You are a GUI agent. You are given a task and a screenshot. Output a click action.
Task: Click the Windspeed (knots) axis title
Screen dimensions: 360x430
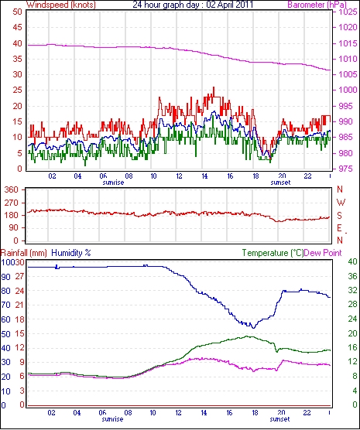61,5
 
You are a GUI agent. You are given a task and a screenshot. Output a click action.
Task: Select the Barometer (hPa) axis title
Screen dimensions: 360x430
317,5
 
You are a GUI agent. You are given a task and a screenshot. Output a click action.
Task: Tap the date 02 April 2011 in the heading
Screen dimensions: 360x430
230,5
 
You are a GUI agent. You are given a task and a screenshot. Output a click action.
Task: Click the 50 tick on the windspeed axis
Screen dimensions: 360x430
17,12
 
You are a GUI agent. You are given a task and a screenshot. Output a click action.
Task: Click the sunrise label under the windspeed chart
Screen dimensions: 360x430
113,183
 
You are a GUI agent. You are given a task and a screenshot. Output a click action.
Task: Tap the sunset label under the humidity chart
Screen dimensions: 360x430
279,419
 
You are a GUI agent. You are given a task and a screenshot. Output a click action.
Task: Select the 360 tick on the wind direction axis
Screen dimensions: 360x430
19,189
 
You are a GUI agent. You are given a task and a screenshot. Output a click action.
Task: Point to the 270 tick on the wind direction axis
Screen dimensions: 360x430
19,203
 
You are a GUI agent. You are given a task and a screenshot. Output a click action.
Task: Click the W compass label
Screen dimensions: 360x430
341,203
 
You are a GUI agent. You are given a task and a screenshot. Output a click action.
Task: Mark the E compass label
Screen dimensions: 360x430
339,228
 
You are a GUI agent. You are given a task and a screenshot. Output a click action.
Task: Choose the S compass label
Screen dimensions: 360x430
339,216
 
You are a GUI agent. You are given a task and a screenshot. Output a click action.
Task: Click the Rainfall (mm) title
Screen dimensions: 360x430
24,253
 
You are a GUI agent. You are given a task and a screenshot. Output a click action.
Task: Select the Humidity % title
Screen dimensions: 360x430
71,253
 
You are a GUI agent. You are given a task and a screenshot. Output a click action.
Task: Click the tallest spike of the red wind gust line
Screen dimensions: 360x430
214,87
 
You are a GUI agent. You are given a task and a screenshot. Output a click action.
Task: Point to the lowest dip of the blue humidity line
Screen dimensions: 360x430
253,328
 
